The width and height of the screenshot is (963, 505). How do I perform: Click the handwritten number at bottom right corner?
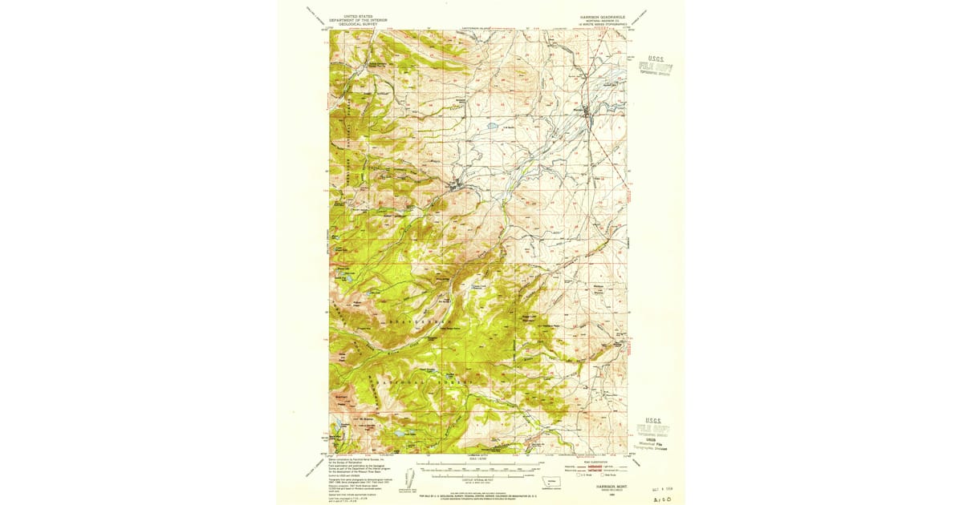click(663, 498)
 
